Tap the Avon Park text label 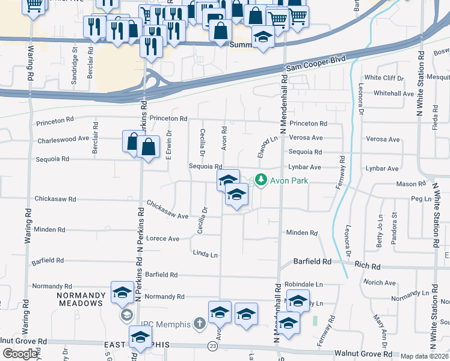[289, 179]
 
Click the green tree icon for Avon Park [260, 179]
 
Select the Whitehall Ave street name [393, 93]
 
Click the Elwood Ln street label [263, 147]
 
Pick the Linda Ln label [205, 255]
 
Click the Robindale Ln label [304, 283]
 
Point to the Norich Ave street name [380, 282]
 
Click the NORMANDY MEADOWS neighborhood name [80, 299]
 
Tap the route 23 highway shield [212, 346]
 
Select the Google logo [20, 354]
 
